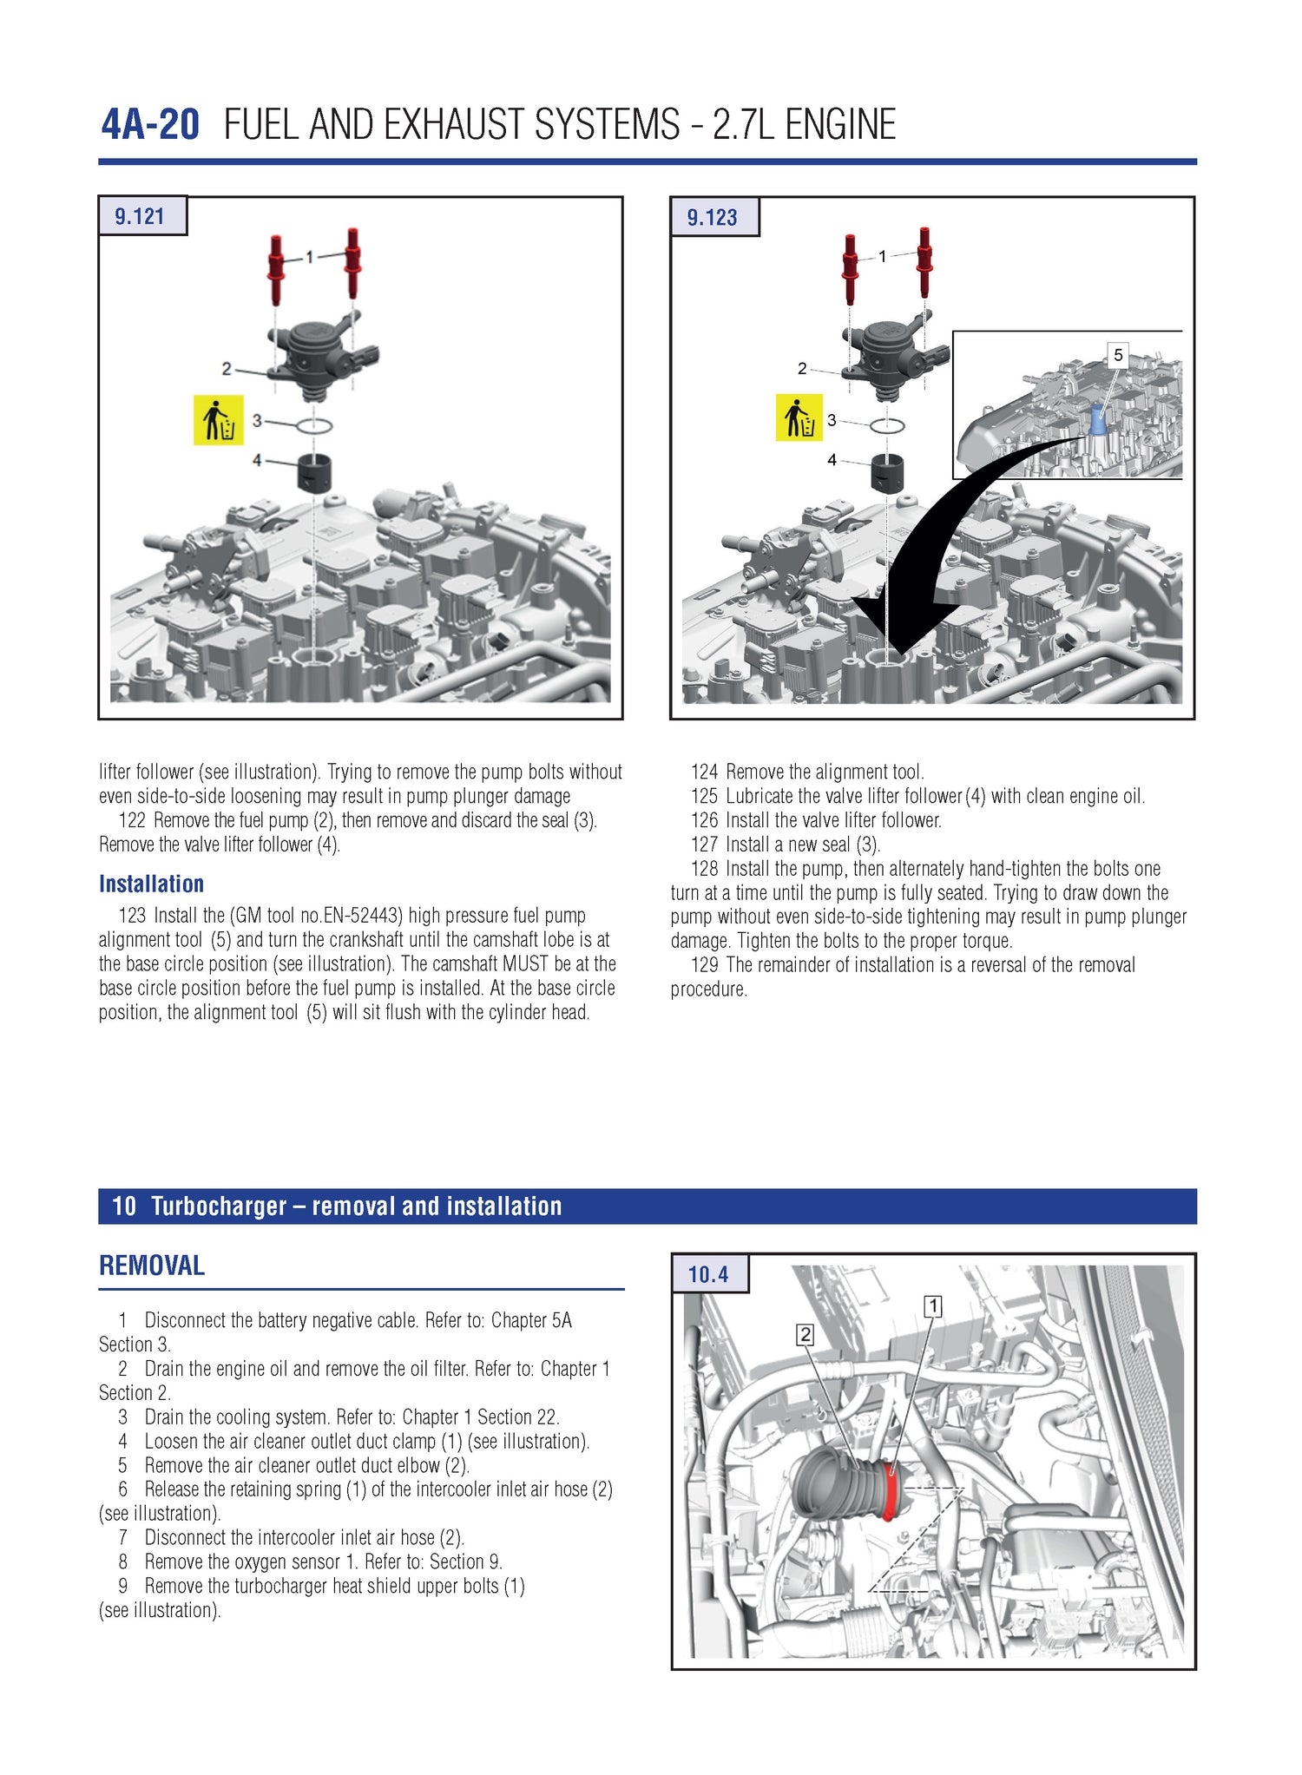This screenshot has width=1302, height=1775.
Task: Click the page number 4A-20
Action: pos(150,125)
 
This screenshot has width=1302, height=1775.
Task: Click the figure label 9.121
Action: pos(140,216)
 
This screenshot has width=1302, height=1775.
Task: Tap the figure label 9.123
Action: pos(712,217)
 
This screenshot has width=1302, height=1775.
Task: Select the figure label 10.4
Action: pos(708,1274)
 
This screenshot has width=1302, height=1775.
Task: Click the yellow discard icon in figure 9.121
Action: pos(218,420)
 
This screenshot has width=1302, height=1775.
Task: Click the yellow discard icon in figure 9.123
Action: pos(799,417)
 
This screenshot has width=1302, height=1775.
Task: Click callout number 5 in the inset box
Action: pos(1118,355)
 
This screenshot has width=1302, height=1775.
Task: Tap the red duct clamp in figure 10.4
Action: pos(889,1489)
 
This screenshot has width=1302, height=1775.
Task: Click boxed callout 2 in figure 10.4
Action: pos(805,1335)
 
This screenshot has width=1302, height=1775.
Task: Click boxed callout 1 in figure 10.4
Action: pos(933,1306)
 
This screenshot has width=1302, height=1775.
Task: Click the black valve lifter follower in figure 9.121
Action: pos(316,472)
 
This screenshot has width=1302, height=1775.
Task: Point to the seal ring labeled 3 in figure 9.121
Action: pos(314,425)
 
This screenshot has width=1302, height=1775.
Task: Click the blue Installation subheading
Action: pos(151,884)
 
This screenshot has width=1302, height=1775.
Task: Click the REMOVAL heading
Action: pos(152,1266)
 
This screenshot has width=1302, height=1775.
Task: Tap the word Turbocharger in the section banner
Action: pos(219,1206)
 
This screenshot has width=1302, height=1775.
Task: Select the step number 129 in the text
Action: pos(704,965)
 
